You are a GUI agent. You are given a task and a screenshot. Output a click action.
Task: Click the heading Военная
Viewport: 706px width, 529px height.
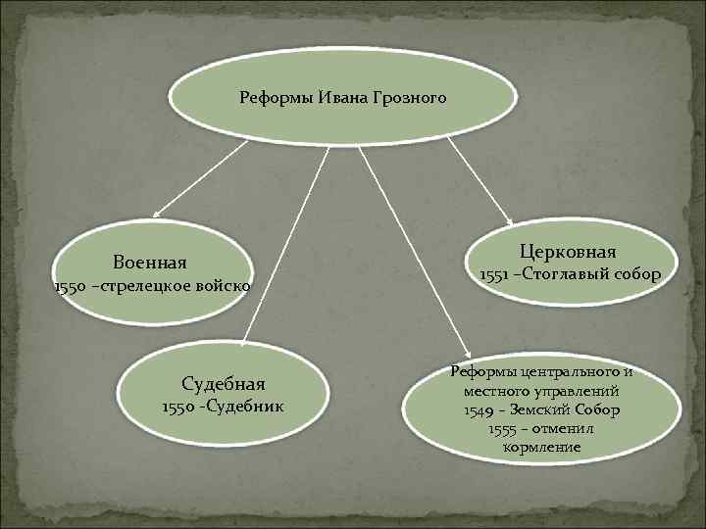coord(149,263)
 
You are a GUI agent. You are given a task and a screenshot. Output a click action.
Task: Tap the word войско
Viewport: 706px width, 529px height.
coord(227,286)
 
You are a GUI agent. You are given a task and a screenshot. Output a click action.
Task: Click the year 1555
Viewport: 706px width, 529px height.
coord(502,429)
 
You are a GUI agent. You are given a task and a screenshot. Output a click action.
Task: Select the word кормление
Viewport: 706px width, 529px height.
coord(541,447)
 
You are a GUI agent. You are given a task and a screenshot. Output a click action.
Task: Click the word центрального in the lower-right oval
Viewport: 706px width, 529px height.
coord(569,373)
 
